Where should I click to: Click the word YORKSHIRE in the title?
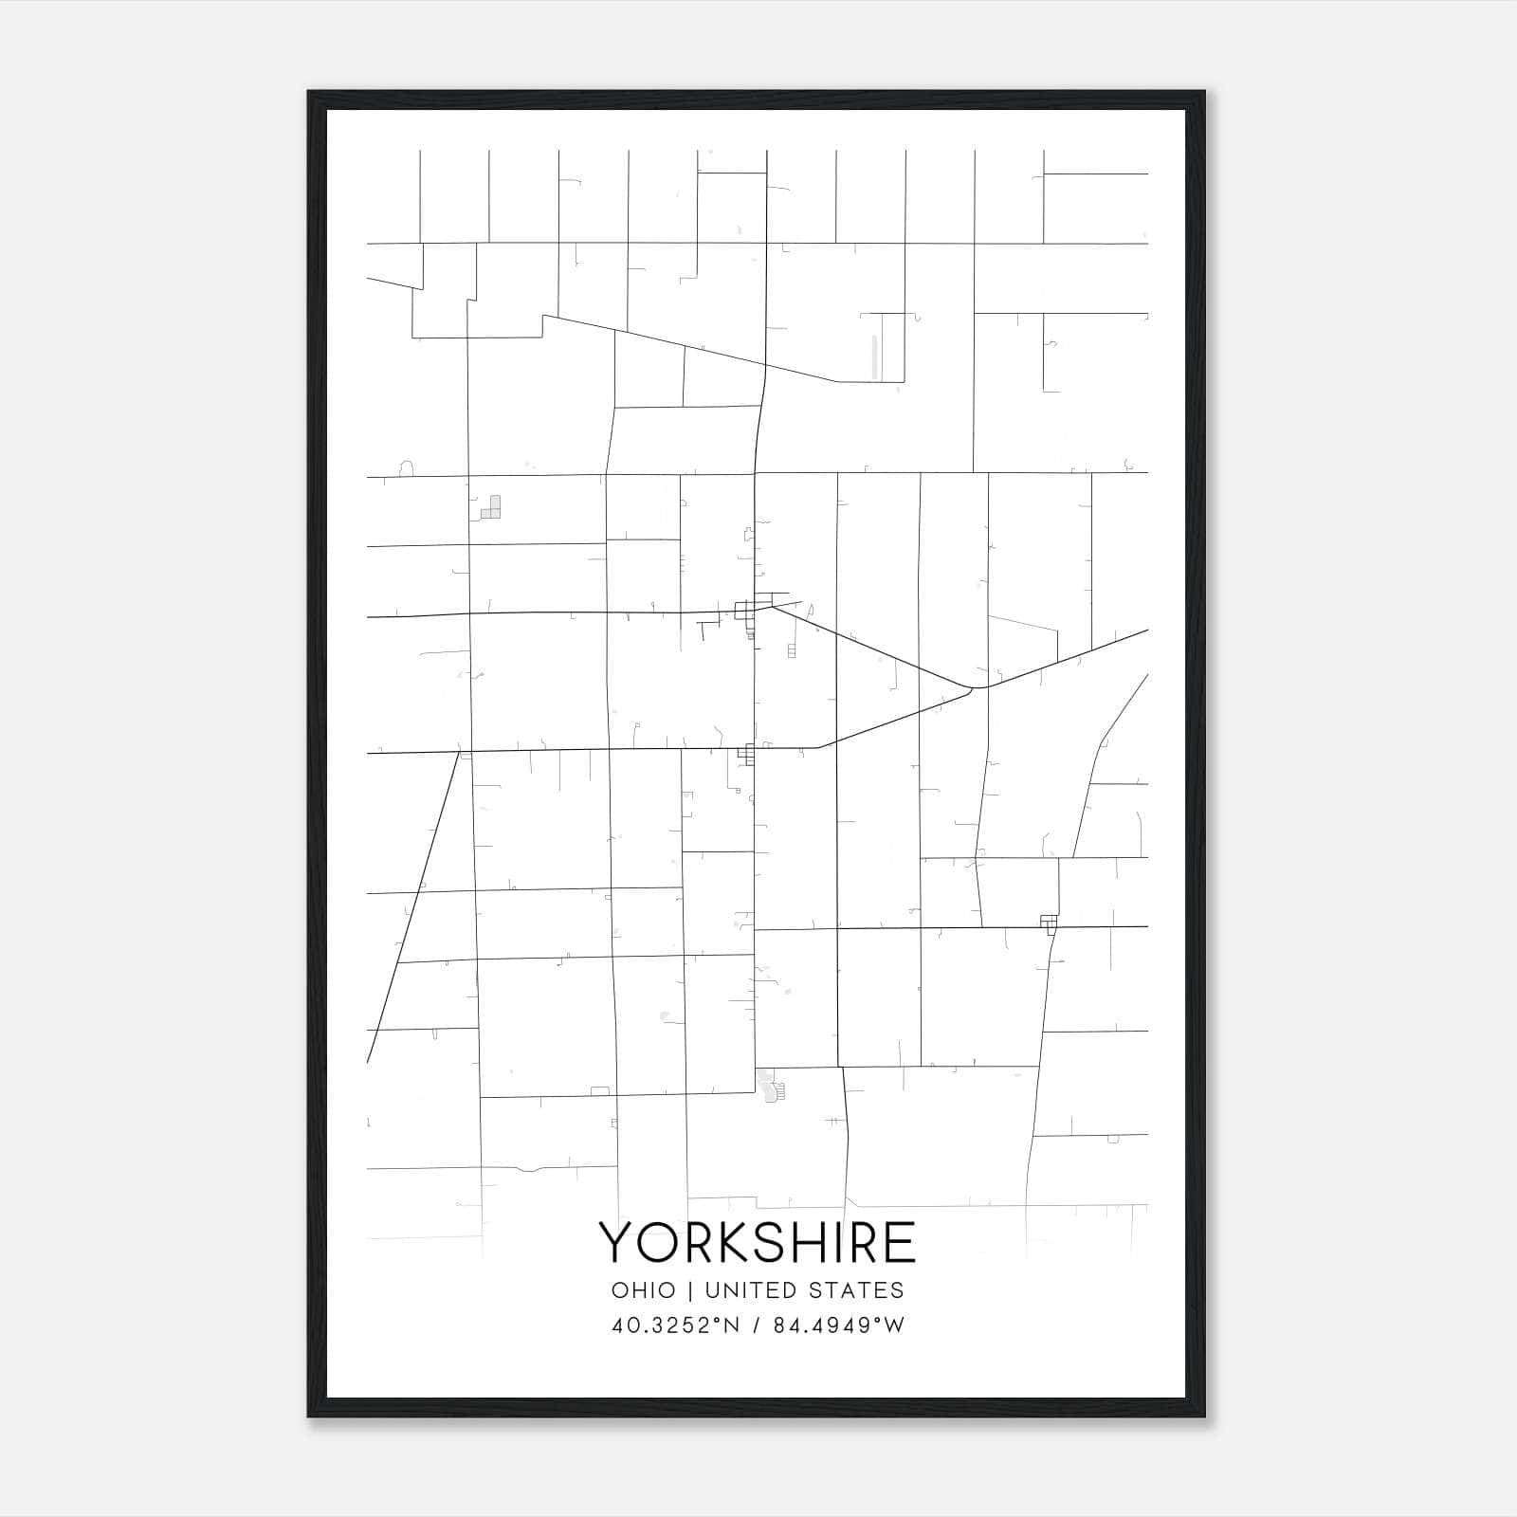[x=758, y=1242]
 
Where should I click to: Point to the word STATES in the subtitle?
[x=858, y=1290]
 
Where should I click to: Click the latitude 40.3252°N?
[x=674, y=1325]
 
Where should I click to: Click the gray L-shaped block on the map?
[x=491, y=507]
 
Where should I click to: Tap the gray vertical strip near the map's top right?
[x=874, y=356]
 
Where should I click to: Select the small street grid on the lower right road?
[x=1048, y=923]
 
